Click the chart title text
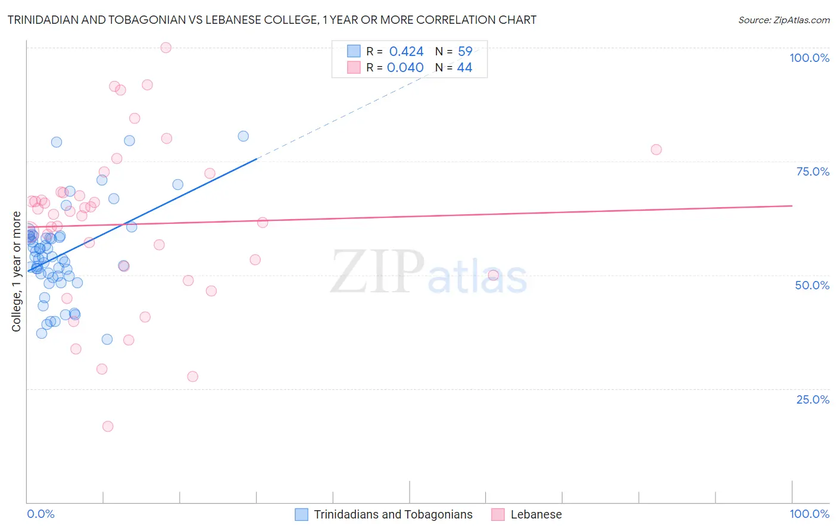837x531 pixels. [x=272, y=20]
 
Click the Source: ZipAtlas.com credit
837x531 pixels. [x=783, y=20]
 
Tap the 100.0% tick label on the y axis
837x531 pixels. [x=809, y=58]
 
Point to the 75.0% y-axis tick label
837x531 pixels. [x=813, y=171]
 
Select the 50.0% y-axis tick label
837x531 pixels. [x=812, y=285]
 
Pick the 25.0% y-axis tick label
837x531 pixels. [x=813, y=399]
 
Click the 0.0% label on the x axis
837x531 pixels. [x=40, y=514]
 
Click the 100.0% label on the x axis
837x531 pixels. [x=809, y=514]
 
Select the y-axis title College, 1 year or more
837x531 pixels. [x=17, y=271]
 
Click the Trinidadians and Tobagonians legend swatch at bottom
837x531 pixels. [x=302, y=514]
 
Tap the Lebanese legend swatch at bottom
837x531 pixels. [x=498, y=514]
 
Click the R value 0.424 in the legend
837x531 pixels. [x=406, y=52]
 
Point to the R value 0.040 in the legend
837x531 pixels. [x=405, y=68]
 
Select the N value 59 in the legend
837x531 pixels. [x=464, y=52]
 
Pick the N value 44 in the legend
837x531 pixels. [x=464, y=68]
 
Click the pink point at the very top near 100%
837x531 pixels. [x=166, y=48]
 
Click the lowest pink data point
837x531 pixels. [x=108, y=426]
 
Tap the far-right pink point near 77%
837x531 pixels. [x=656, y=149]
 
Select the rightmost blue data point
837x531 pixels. [x=243, y=136]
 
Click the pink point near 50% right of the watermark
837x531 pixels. [x=493, y=275]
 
